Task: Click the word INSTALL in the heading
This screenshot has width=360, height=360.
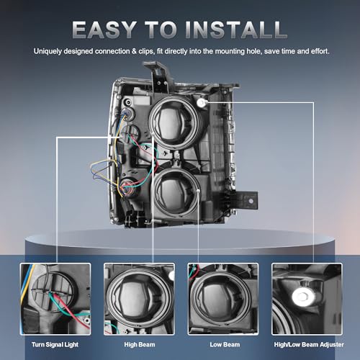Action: (x=236, y=30)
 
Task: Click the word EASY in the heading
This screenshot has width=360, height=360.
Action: (x=104, y=30)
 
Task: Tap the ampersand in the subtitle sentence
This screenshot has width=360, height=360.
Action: (x=134, y=51)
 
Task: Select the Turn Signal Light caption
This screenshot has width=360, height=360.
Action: (x=55, y=345)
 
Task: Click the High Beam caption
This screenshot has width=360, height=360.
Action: (x=140, y=345)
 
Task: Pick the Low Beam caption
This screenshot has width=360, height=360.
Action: (x=225, y=345)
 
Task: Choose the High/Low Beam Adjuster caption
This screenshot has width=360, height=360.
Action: (x=309, y=345)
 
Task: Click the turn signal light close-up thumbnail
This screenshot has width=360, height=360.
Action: (x=55, y=299)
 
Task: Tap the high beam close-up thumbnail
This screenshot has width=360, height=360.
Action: (x=139, y=299)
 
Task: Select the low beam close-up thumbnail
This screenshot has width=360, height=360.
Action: (x=223, y=299)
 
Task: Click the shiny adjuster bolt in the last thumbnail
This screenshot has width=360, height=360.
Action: (x=303, y=297)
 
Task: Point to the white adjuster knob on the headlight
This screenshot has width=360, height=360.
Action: (x=201, y=103)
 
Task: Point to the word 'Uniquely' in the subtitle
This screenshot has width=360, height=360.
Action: (x=48, y=51)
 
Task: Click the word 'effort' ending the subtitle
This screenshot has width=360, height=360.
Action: (x=320, y=51)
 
